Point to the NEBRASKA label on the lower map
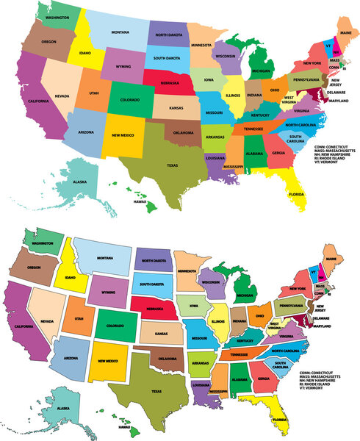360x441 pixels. point(156,309)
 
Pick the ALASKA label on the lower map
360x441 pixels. point(64,408)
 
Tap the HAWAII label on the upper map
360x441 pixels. point(140,201)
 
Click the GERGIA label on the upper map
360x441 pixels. point(278,153)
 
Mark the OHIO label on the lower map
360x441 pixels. point(260,316)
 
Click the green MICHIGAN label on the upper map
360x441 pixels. point(260,71)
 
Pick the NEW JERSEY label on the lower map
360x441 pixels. point(322,308)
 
